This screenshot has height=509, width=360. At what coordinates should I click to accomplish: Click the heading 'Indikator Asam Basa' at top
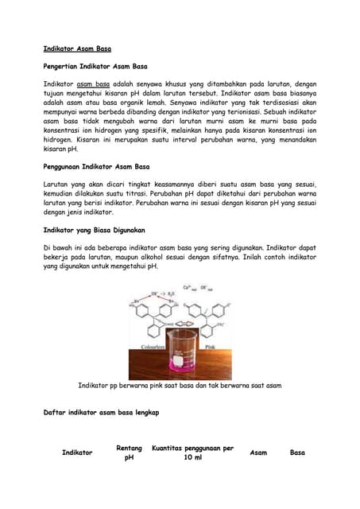(x=77, y=49)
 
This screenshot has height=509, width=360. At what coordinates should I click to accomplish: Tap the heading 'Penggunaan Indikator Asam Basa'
(x=97, y=166)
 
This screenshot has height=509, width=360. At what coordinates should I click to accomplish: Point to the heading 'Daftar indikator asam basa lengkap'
(x=102, y=413)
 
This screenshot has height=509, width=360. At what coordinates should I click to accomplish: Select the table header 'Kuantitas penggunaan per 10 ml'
(x=192, y=453)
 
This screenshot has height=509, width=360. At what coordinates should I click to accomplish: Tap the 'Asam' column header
(x=258, y=453)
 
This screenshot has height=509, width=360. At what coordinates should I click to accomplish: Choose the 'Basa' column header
(x=297, y=453)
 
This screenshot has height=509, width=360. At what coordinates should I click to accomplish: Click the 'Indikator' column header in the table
(x=77, y=453)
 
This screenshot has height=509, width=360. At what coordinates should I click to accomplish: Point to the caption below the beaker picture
(x=180, y=385)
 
